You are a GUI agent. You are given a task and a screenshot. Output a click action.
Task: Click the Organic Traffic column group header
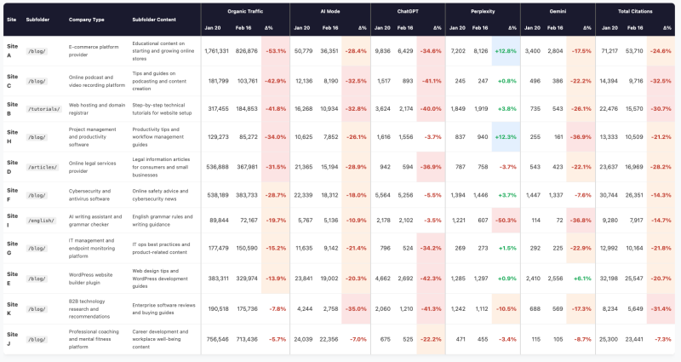point(244,11)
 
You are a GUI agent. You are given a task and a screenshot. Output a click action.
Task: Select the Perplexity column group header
point(483,11)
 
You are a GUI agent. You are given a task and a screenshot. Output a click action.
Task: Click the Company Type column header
point(86,18)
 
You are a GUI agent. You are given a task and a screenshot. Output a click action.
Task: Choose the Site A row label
point(13,50)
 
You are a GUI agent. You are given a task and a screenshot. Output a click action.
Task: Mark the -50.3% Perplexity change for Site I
point(506,220)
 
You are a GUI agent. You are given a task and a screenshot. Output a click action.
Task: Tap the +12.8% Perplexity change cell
point(506,51)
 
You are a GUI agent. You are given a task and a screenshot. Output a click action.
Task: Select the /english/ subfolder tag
point(42,220)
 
